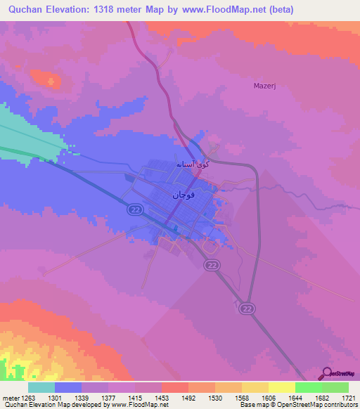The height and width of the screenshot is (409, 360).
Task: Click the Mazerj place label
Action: [x=265, y=86]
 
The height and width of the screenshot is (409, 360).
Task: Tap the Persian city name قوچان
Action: [x=184, y=193]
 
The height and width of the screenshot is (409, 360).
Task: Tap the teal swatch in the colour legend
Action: [x=41, y=387]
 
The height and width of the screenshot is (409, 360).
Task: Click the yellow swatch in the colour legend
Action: [x=281, y=387]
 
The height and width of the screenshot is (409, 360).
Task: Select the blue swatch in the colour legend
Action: [x=68, y=387]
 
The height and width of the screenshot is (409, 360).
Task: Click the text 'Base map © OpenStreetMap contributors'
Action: [x=298, y=404]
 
